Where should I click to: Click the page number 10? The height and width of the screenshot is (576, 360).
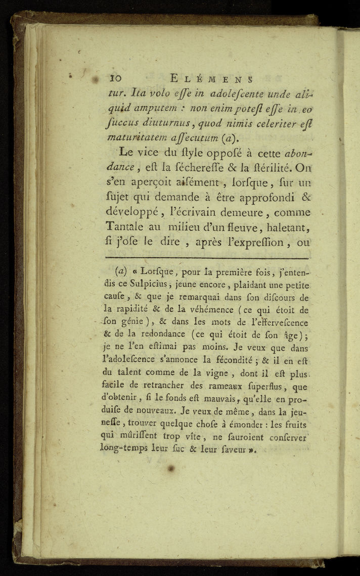[x=117, y=79]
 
